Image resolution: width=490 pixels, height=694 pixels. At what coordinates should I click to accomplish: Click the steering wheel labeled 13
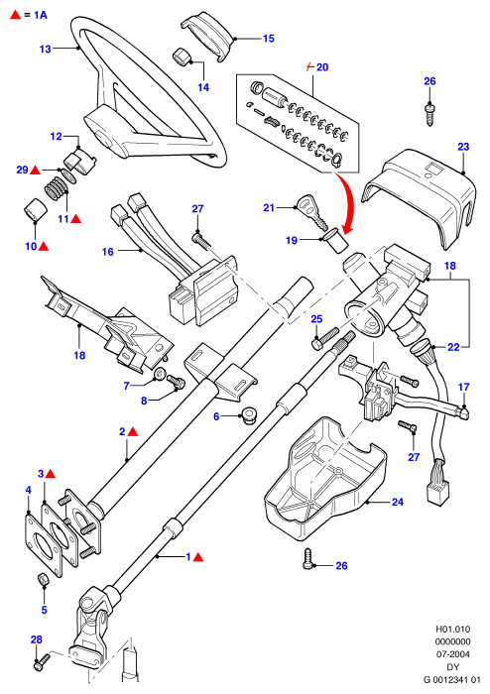tap(95, 50)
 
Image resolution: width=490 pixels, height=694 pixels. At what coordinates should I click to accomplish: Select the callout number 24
tap(398, 502)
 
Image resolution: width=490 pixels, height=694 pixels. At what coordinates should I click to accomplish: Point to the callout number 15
tap(269, 39)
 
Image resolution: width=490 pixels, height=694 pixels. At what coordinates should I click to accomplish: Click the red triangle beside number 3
tap(51, 474)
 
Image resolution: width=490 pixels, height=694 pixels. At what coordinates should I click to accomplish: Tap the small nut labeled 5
tap(42, 578)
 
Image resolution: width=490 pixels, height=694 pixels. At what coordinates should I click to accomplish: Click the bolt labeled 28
tap(42, 661)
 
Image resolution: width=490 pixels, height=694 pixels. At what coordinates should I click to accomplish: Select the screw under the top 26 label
tap(429, 114)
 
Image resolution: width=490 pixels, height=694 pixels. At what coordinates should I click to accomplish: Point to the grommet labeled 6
tap(250, 416)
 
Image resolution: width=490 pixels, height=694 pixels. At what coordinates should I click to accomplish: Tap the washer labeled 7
tap(159, 376)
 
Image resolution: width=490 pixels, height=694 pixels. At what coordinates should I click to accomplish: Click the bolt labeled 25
tap(325, 338)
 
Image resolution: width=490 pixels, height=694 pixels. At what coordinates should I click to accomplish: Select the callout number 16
tap(108, 252)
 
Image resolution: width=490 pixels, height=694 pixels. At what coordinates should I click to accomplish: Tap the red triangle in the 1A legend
tap(16, 15)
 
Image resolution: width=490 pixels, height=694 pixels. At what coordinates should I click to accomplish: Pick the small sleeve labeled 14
tap(181, 57)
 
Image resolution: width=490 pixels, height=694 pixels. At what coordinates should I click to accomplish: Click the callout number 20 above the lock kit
tap(322, 67)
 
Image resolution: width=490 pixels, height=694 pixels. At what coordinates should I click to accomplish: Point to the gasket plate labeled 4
tap(43, 544)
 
